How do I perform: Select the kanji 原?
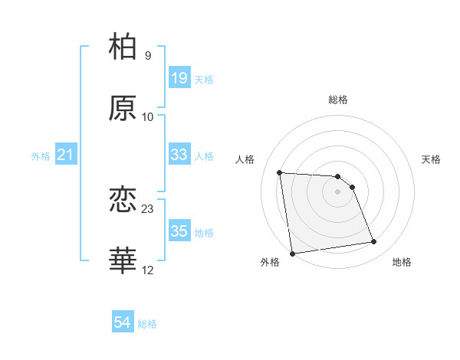pyautogui.click(x=123, y=108)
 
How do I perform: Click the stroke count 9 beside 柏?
pyautogui.click(x=148, y=55)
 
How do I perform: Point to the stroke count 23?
pyautogui.click(x=148, y=208)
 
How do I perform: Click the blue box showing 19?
pyautogui.click(x=179, y=77)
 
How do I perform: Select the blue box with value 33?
pyautogui.click(x=179, y=155)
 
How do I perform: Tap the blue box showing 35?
pyautogui.click(x=179, y=231)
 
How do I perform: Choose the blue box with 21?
pyautogui.click(x=66, y=155)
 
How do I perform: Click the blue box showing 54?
pyautogui.click(x=123, y=322)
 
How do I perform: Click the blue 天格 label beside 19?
pyautogui.click(x=204, y=80)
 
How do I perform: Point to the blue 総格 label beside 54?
pyautogui.click(x=147, y=325)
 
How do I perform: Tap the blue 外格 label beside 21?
pyautogui.click(x=41, y=156)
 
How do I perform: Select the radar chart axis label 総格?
pyautogui.click(x=338, y=100)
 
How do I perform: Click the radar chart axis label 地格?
pyautogui.click(x=402, y=263)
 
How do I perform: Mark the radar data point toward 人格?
pyautogui.click(x=280, y=172)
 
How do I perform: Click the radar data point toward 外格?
pyautogui.click(x=292, y=254)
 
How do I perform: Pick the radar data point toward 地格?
pyautogui.click(x=374, y=242)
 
